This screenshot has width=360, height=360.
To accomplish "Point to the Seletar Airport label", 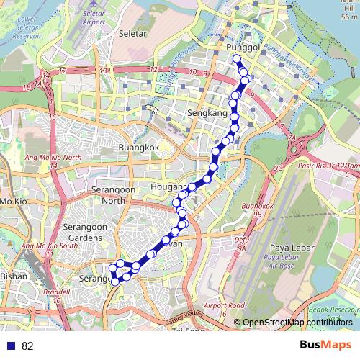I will tap(94, 18).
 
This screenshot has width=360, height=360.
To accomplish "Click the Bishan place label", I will tap(14, 275).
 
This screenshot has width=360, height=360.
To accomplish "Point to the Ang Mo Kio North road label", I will tap(50, 158).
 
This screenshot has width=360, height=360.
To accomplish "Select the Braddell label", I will tap(51, 293).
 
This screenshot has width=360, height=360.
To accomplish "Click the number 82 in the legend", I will tap(27, 346).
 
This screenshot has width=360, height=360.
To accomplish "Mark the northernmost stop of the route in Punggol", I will tap(236, 58).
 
